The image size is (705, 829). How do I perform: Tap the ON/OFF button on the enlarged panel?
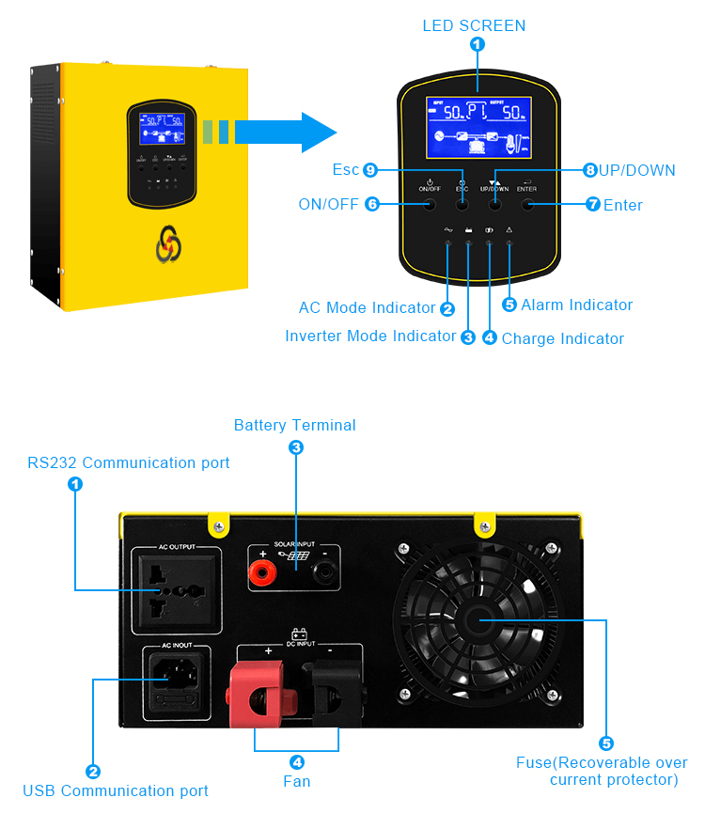pyautogui.click(x=429, y=204)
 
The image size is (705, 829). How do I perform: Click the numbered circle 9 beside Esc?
pyautogui.click(x=370, y=170)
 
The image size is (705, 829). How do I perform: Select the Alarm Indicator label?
pyautogui.click(x=576, y=305)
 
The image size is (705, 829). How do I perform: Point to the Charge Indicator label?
pyautogui.click(x=562, y=338)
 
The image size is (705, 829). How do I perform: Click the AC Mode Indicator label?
pyautogui.click(x=367, y=307)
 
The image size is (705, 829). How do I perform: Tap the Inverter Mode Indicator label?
pyautogui.click(x=370, y=336)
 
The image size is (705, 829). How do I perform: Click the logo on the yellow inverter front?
pyautogui.click(x=168, y=242)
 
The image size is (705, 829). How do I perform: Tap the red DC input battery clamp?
pyautogui.click(x=258, y=696)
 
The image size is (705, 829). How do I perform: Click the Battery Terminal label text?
pyautogui.click(x=294, y=426)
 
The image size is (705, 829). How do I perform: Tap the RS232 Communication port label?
pyautogui.click(x=128, y=462)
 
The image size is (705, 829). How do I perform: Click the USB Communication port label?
pyautogui.click(x=116, y=790)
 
